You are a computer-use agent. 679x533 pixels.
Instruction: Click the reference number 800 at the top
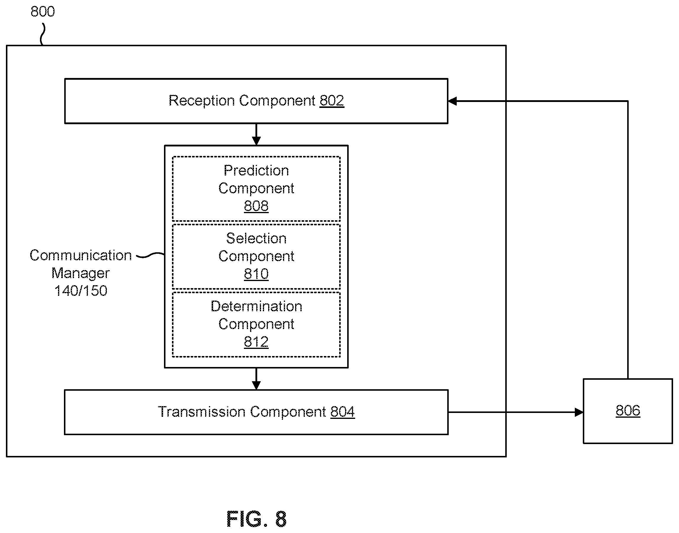pos(43,12)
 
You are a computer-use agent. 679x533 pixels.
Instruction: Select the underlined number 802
pos(332,101)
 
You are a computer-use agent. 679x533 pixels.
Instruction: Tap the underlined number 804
pos(342,412)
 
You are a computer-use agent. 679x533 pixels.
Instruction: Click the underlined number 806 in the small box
pos(628,411)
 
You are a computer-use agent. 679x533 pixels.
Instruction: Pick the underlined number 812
pos(256,342)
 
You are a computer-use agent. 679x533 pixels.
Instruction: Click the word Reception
pos(202,101)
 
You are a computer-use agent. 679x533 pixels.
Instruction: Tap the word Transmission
pos(202,412)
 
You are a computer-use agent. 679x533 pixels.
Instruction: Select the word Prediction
pos(256,171)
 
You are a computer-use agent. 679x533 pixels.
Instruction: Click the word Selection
pos(256,239)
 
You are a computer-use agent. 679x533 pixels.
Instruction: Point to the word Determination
pos(256,307)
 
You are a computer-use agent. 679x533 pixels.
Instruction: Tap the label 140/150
pos(81,291)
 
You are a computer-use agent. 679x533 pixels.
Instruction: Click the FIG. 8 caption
pos(256,518)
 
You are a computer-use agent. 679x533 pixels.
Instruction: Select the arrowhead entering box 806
pos(579,412)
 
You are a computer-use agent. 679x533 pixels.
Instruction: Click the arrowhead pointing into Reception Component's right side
pos(453,101)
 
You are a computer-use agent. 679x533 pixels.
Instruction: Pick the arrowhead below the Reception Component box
pos(256,141)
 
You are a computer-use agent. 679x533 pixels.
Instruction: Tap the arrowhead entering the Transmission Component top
pos(256,385)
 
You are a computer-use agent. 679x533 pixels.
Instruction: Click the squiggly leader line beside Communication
pos(150,256)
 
